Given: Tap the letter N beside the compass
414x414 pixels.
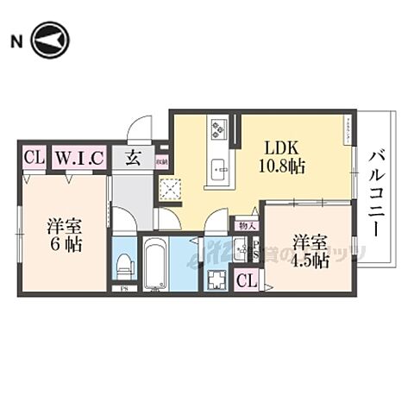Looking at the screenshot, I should (x=16, y=41).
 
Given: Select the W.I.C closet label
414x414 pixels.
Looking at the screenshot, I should (x=80, y=158).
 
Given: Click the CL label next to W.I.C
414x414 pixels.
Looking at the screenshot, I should (x=34, y=158).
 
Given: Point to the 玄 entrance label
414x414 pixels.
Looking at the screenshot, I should (x=134, y=158).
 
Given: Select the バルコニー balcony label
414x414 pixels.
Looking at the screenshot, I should (x=377, y=191).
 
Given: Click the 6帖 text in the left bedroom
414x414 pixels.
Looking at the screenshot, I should (x=64, y=245).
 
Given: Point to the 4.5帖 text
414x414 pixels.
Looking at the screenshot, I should (x=310, y=258).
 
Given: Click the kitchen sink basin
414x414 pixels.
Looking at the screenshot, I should (x=217, y=166).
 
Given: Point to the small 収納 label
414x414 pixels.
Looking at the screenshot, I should (x=161, y=160).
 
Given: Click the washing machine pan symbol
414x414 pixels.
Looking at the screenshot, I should (x=216, y=278).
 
